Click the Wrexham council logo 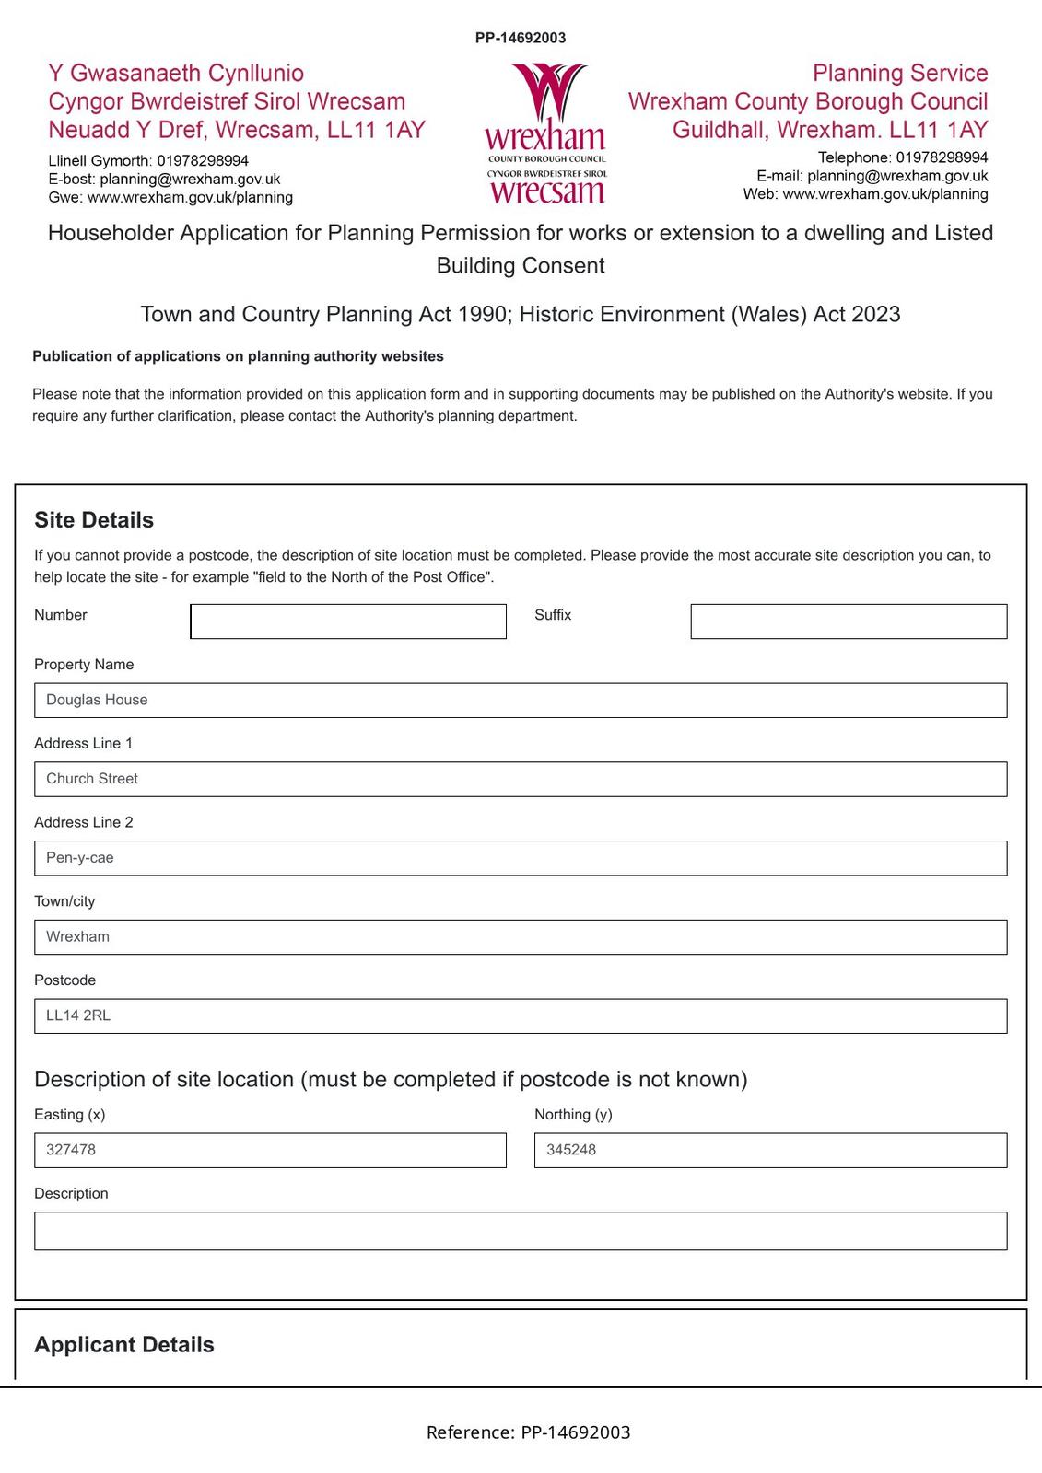click(545, 133)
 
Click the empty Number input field click(348, 621)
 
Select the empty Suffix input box click(849, 621)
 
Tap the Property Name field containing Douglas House click(521, 701)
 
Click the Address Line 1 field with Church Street click(521, 780)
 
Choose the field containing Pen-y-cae click(521, 858)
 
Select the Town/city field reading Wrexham click(521, 937)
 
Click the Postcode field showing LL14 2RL click(521, 1016)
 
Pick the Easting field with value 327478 click(270, 1151)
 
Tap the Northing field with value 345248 click(770, 1151)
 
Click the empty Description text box click(521, 1231)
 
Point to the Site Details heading click(94, 520)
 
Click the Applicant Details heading click(124, 1345)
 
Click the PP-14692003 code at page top click(521, 38)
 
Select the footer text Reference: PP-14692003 click(528, 1432)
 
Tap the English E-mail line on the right click(872, 176)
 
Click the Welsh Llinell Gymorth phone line click(148, 161)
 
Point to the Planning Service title click(899, 74)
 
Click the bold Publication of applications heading click(238, 356)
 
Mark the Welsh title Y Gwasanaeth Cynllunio click(176, 74)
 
